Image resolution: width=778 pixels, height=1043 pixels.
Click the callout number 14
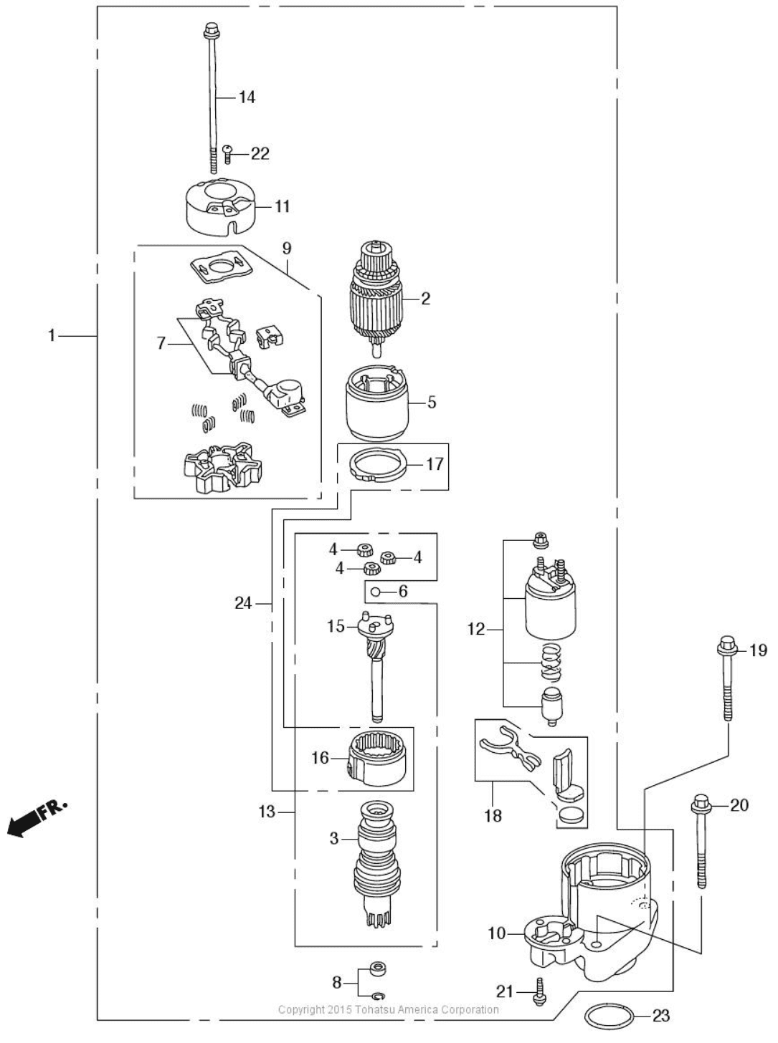(x=247, y=97)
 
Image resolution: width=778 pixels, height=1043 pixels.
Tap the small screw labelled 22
(x=227, y=154)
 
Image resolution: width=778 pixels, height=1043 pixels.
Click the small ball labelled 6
(x=375, y=592)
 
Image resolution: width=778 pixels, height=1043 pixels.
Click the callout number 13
(x=267, y=812)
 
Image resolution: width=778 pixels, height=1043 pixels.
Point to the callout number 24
(x=244, y=603)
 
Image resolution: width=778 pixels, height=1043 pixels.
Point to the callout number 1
(x=52, y=336)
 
